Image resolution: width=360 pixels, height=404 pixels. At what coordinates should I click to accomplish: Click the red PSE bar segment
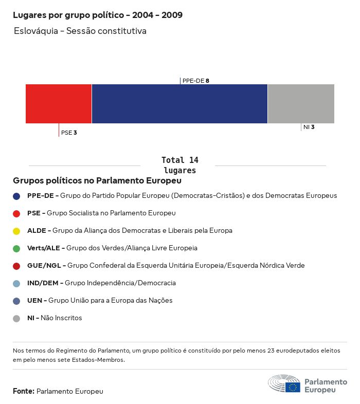point(59,104)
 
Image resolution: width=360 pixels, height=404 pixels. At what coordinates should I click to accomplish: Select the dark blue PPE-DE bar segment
point(179,104)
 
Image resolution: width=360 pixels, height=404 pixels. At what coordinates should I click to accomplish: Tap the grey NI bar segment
point(301,104)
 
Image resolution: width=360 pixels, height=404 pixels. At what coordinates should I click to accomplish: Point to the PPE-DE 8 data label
point(196,81)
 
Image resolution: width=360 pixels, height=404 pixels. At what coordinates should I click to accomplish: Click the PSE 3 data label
point(69,133)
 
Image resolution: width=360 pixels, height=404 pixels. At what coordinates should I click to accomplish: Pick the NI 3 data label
point(309,127)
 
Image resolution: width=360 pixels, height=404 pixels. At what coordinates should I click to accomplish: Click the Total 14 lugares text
point(180,165)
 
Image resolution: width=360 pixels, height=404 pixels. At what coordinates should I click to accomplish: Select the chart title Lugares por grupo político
point(98,15)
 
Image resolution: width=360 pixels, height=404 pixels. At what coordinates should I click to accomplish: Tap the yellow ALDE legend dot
point(16,231)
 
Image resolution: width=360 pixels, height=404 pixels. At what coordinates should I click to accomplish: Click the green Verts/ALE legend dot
point(16,248)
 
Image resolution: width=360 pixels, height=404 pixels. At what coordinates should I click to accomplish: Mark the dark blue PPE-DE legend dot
point(16,196)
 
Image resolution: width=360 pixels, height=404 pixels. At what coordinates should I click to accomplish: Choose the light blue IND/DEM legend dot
point(16,283)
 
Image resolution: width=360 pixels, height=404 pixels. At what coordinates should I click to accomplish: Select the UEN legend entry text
point(100,301)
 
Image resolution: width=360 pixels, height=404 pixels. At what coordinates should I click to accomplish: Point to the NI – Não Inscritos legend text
point(55,318)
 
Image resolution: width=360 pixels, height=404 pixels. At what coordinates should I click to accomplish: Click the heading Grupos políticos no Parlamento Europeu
point(97,181)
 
